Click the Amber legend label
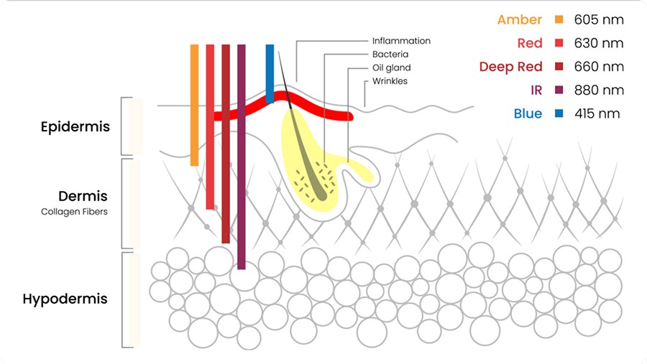click(x=520, y=19)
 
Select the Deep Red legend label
click(x=510, y=67)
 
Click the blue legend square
click(x=559, y=113)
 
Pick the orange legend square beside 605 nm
click(x=559, y=19)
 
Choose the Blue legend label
click(x=528, y=113)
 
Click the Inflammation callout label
click(x=401, y=41)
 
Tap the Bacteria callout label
click(x=390, y=55)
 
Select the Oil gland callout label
click(x=391, y=68)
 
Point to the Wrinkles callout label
click(x=390, y=81)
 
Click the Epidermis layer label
click(x=75, y=127)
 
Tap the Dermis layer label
click(x=83, y=196)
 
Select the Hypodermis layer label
click(x=65, y=299)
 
